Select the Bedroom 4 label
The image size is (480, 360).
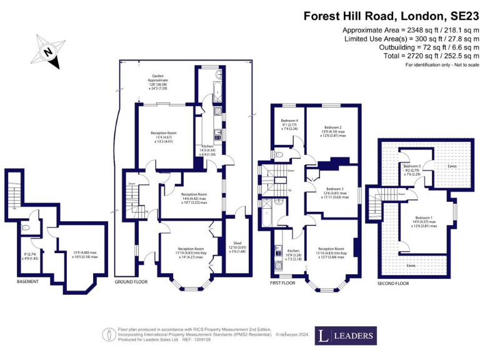[x=289, y=120]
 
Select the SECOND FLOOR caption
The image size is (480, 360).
[x=393, y=284]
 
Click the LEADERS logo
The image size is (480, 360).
[x=346, y=336]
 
